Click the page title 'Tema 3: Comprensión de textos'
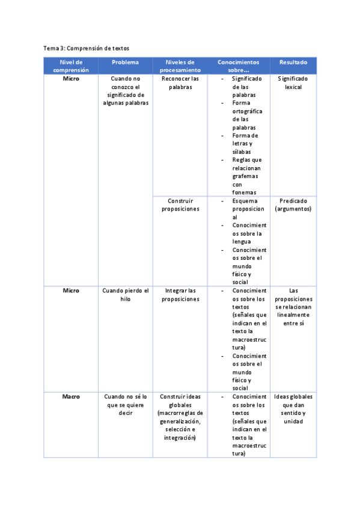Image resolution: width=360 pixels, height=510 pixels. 86,48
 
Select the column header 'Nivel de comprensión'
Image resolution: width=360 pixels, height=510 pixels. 71,66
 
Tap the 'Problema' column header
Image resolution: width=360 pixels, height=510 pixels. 125,62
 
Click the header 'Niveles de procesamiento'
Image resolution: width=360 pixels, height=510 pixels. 180,66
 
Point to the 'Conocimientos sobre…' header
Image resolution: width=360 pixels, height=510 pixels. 239,66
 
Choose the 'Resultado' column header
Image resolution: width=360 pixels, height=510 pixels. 293,62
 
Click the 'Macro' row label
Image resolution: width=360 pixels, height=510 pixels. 71,397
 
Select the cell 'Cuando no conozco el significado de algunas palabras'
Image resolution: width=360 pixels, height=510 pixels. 125,90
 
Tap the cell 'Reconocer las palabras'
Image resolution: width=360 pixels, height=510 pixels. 180,82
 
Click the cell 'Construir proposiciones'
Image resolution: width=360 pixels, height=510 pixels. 180,205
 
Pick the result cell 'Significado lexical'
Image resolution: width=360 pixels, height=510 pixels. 293,82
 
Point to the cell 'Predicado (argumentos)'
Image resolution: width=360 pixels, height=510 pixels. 293,205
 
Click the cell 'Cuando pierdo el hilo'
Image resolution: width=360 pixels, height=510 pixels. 125,295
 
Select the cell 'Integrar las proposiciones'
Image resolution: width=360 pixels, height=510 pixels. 180,295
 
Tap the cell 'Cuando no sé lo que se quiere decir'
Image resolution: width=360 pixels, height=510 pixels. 125,405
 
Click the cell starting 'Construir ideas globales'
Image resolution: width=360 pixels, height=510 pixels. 180,417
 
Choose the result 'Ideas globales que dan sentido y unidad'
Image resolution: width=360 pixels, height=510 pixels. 293,409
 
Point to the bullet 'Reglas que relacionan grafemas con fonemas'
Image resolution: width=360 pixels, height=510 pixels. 247,176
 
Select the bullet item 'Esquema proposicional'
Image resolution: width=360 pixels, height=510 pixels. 247,209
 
